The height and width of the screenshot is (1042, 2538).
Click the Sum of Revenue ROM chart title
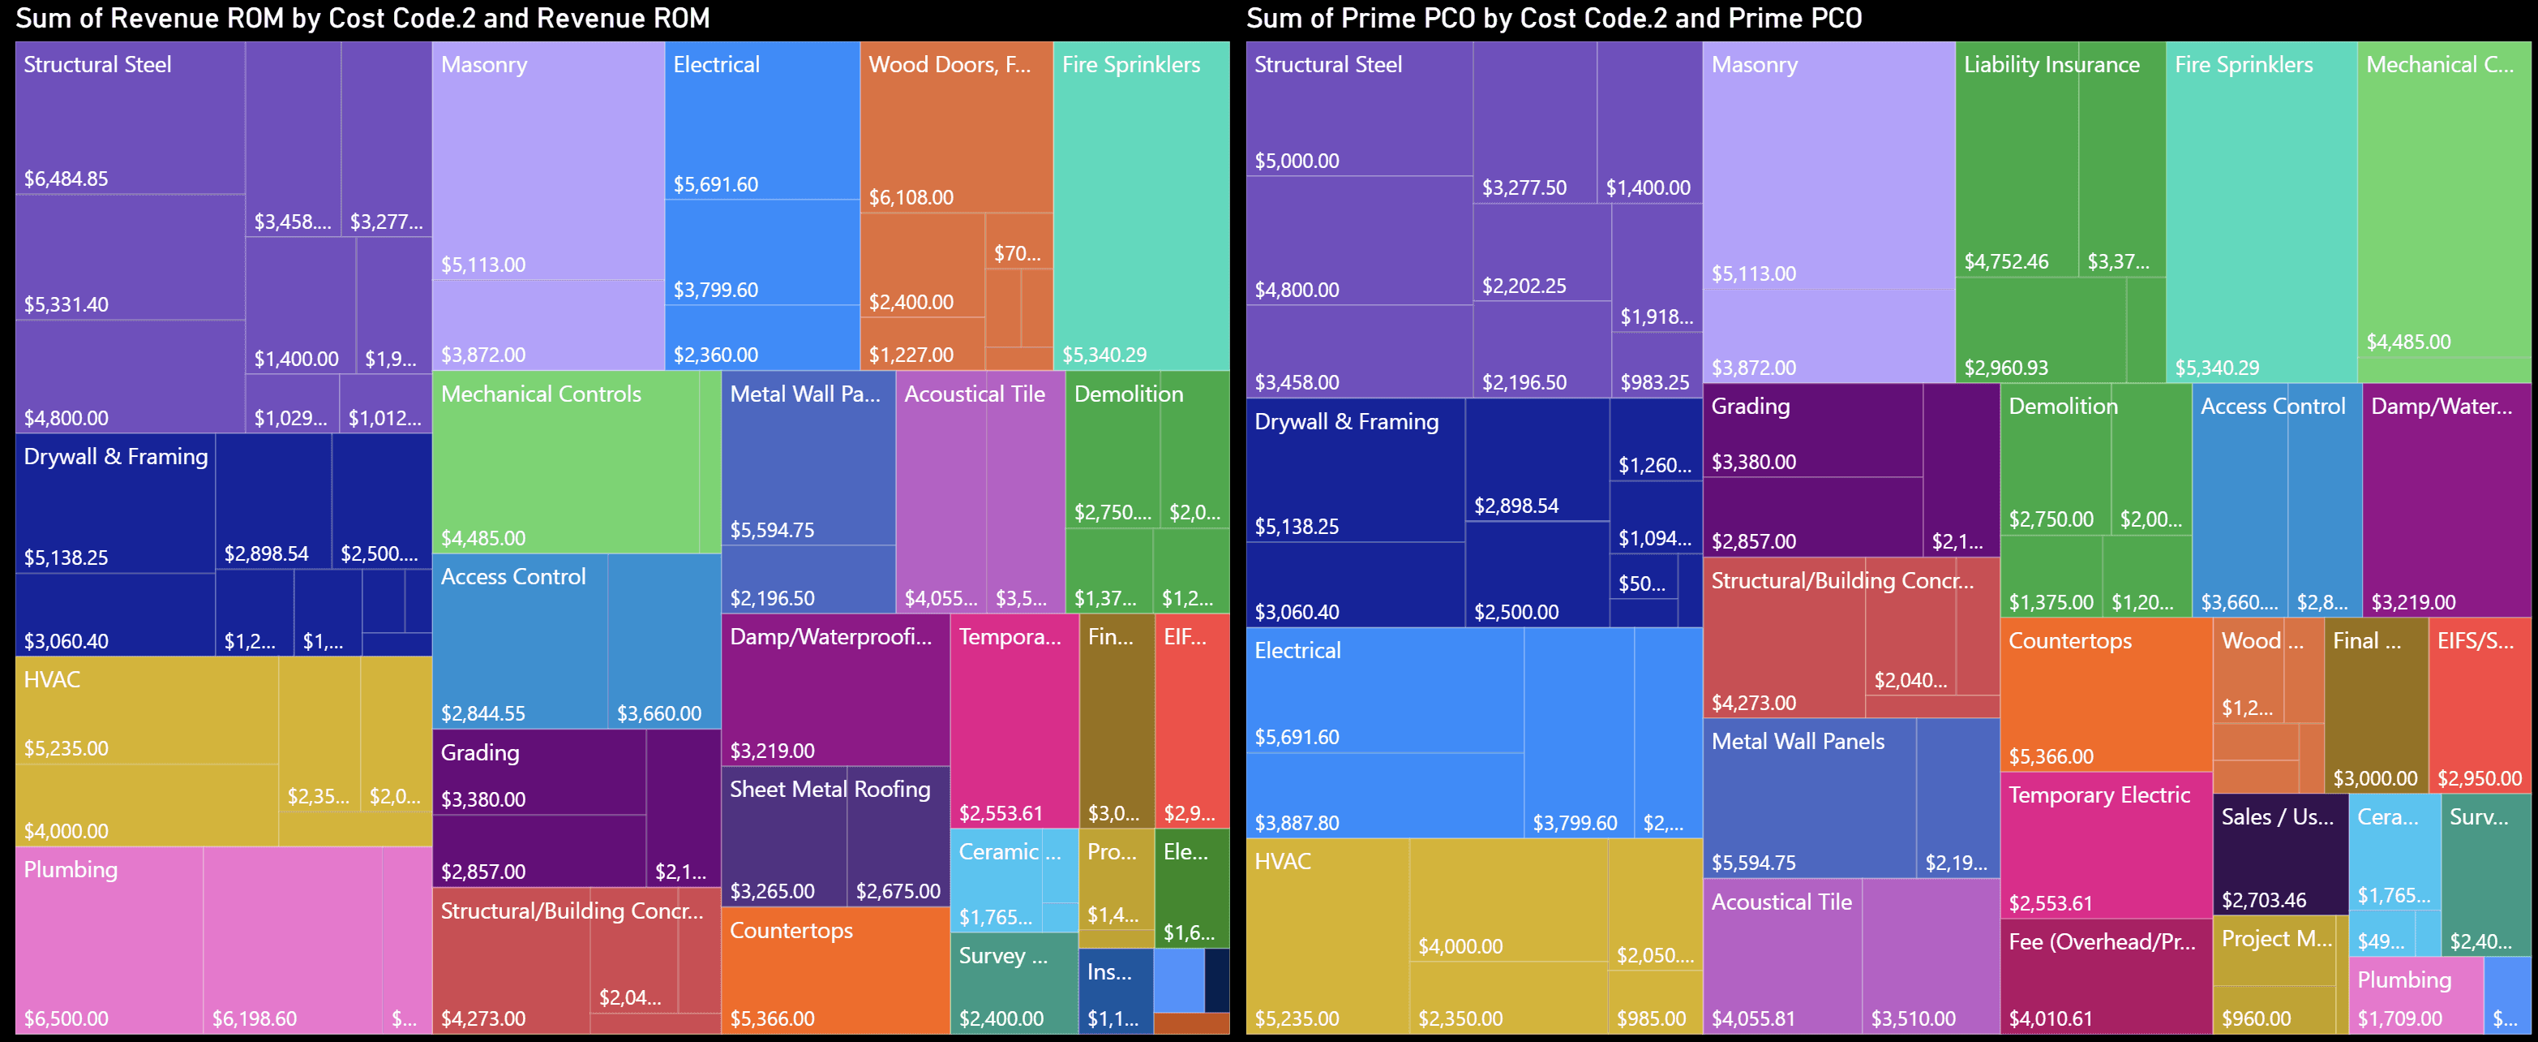pos(362,18)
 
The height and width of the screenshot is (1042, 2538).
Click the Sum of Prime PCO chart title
pos(1554,18)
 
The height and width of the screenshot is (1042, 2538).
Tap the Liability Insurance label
pos(2051,65)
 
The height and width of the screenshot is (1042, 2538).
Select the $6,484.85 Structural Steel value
pos(66,179)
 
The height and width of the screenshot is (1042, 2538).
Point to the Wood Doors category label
pos(949,65)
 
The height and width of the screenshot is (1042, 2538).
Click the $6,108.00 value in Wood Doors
pos(911,197)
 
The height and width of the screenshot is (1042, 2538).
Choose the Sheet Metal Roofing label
pos(830,790)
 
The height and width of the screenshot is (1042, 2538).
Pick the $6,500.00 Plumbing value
pos(66,1018)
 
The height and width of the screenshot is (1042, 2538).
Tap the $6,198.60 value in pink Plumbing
pos(254,1018)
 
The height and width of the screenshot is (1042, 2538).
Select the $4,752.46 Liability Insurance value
pos(2006,262)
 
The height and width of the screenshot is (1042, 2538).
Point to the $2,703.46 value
pos(2263,900)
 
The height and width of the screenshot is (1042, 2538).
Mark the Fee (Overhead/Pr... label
pos(2102,941)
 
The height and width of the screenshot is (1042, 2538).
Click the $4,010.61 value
pos(2051,1018)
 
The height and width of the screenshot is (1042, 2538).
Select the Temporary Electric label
pos(2099,795)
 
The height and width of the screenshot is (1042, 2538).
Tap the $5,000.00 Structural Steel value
pos(1297,161)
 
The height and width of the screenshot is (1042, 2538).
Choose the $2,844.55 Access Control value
pos(482,713)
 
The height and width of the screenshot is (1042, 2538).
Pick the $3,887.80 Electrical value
pos(1297,823)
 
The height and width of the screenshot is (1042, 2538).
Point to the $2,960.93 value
pos(2006,368)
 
